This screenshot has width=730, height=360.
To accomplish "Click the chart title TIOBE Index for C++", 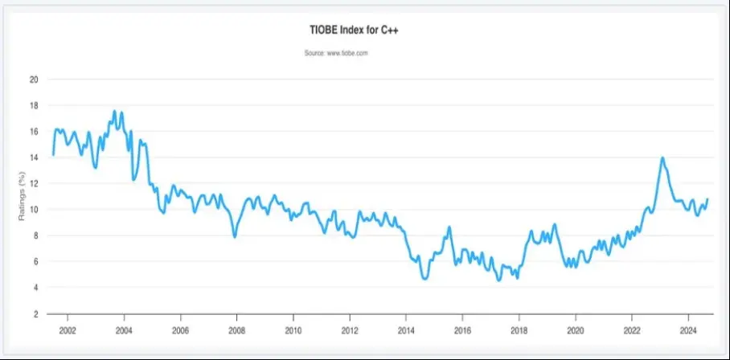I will pos(365,31).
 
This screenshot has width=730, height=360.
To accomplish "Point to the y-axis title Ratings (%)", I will pos(22,197).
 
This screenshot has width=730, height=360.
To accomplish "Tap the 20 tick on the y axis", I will pos(33,80).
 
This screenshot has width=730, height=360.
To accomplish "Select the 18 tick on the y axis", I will pos(33,105).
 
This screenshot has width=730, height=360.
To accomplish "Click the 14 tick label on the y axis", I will pos(33,157).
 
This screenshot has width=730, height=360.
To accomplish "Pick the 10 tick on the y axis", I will pos(33,210).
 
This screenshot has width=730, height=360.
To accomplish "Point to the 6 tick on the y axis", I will pos(35,261).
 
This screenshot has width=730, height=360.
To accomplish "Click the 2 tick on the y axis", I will pos(35,313).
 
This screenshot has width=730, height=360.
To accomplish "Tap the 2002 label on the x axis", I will pos(67,330).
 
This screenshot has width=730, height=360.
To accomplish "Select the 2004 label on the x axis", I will pos(124,330).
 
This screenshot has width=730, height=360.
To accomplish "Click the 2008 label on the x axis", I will pos(236,330).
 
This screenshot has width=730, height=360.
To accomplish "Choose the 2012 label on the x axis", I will pos(350,330).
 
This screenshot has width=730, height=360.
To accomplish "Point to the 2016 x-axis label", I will pos(462,330).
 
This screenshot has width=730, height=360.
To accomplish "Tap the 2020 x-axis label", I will pos(576,330).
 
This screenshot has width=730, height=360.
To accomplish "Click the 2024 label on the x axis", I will pos(688,330).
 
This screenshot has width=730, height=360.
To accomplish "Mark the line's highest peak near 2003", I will pos(114,111).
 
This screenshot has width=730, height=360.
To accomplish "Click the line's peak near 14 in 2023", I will pos(662,157).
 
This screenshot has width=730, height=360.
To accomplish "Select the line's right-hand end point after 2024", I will pos(707,198).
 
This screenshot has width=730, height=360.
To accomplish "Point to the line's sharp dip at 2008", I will pos(235,237).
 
